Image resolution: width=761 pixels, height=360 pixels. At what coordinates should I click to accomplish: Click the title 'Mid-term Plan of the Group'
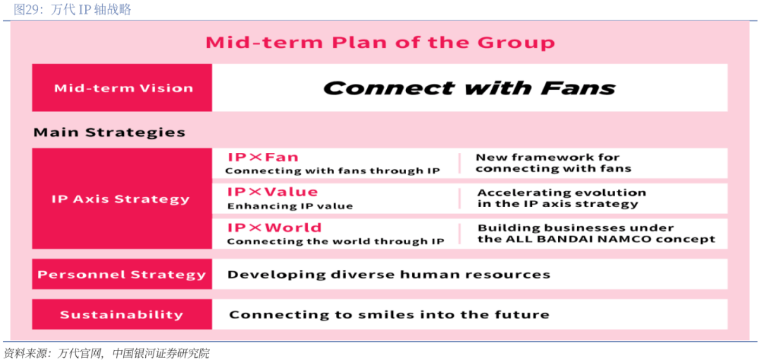click(x=380, y=43)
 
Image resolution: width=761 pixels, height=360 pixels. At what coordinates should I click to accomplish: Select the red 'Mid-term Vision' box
click(x=122, y=88)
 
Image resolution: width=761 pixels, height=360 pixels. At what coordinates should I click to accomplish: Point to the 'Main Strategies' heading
click(x=109, y=132)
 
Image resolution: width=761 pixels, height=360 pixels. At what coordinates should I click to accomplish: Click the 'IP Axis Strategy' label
click(x=120, y=199)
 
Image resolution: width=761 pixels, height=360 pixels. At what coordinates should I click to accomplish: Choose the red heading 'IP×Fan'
click(x=263, y=157)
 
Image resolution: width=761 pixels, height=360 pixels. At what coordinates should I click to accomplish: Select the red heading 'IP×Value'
click(x=273, y=192)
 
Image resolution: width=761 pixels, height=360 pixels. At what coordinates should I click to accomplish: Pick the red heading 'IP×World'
click(x=275, y=228)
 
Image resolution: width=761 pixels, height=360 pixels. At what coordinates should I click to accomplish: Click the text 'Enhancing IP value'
click(x=290, y=206)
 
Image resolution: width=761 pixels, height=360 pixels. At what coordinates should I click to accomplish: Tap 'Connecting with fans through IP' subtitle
click(x=333, y=170)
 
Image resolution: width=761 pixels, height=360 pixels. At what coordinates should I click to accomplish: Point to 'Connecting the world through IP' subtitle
click(x=336, y=241)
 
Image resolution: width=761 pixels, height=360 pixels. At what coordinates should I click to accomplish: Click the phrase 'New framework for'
click(x=548, y=157)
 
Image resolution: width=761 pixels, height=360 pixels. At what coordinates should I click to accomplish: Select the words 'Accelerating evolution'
click(x=562, y=192)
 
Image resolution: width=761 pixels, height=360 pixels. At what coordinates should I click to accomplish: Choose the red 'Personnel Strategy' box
click(x=122, y=274)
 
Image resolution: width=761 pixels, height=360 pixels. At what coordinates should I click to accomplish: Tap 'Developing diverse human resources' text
click(x=389, y=275)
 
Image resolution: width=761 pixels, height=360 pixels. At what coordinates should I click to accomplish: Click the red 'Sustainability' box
click(x=122, y=314)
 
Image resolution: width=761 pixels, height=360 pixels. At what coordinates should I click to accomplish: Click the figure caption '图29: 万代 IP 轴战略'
click(x=73, y=10)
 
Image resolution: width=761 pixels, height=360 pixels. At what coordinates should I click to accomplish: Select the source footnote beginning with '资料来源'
click(x=106, y=353)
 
